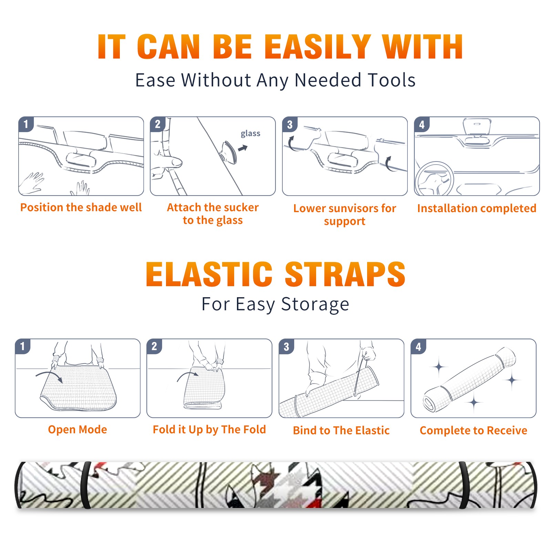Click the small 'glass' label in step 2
[x=250, y=133]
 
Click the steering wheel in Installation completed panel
[x=434, y=178]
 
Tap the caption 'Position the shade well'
[x=81, y=207]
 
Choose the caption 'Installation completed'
[x=477, y=208]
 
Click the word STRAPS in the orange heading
[x=345, y=274]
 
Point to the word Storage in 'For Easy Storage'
[x=315, y=304]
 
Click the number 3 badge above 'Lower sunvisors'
[x=290, y=124]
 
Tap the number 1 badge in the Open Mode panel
[x=23, y=346]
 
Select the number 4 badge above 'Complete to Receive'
[x=418, y=346]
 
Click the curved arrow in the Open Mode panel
[x=49, y=376]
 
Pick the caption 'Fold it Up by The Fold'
[x=209, y=429]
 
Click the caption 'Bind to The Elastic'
[x=341, y=430]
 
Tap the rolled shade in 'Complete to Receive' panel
[x=469, y=380]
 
